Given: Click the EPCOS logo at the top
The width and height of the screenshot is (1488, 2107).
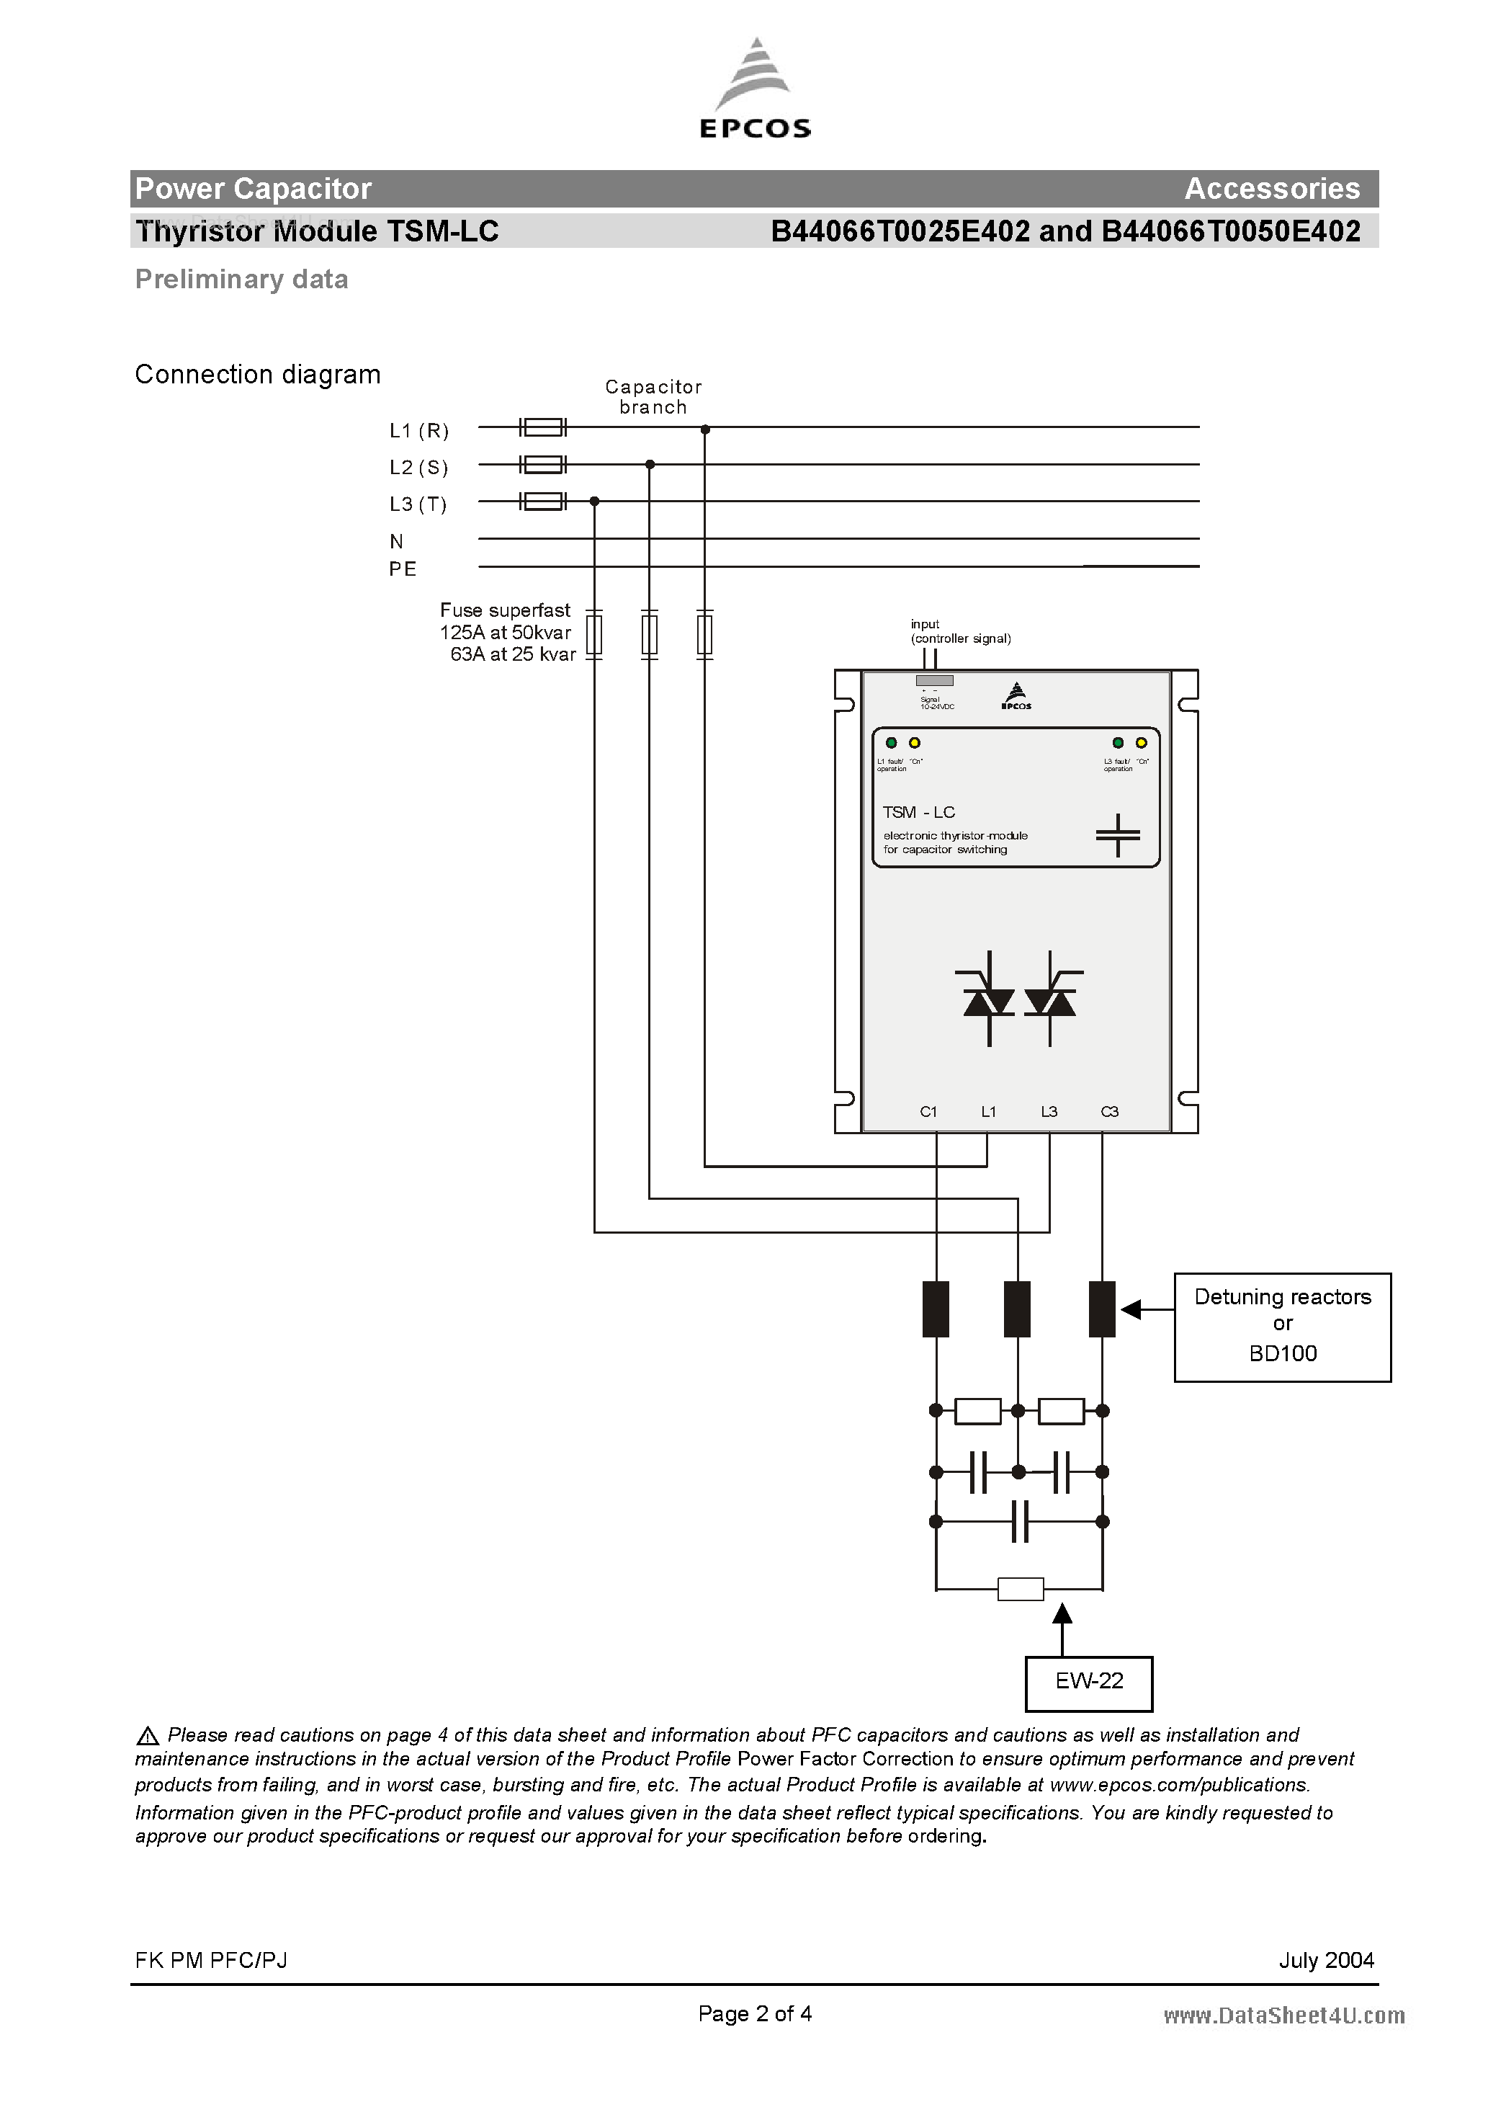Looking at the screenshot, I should (x=755, y=90).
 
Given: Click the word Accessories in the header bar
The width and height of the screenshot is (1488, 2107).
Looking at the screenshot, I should (x=1271, y=188).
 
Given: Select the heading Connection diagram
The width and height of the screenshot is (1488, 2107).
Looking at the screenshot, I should (x=257, y=375).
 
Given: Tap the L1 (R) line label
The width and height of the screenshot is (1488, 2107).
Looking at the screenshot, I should (x=418, y=429).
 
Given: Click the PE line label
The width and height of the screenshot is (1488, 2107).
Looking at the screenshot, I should (x=402, y=569).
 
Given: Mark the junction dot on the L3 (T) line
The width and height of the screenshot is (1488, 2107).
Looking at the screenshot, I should (x=594, y=501).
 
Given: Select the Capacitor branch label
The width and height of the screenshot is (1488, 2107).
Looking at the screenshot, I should (x=653, y=396).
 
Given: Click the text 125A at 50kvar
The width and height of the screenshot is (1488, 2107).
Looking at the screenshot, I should (x=505, y=632).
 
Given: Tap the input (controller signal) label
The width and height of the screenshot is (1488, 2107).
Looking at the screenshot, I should (x=959, y=631).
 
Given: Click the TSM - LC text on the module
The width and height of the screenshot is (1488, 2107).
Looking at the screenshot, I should (x=918, y=812).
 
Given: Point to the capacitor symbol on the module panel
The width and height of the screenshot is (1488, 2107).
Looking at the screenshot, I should (x=1117, y=834).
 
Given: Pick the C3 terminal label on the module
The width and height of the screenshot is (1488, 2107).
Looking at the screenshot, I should (x=1109, y=1111).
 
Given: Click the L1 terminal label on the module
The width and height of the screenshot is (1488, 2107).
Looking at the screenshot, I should (x=988, y=1111).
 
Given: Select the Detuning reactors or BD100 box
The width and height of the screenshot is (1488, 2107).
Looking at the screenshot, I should (x=1281, y=1325).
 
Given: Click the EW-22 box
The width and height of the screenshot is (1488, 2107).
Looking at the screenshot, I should (x=1088, y=1680).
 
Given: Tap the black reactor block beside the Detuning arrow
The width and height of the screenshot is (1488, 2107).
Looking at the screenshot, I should (x=1101, y=1309).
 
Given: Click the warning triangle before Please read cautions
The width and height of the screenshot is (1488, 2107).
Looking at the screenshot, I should (x=147, y=1735).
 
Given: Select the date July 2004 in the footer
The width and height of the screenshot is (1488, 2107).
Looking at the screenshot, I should (x=1326, y=1960).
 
